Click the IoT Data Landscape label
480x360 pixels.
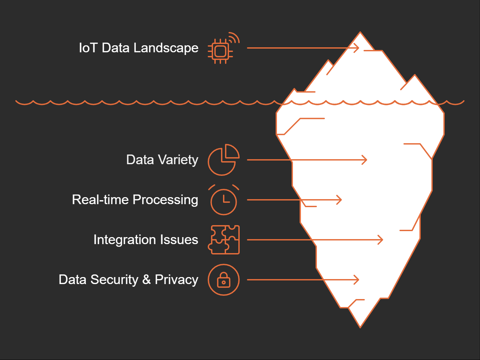138,48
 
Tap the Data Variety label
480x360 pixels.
162,160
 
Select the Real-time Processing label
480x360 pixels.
135,200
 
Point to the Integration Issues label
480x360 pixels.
145,240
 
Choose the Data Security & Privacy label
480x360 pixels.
128,280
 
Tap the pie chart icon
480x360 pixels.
223,160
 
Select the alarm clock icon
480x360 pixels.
224,200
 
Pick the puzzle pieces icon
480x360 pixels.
224,240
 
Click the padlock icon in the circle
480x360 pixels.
224,280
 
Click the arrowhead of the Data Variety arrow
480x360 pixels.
365,160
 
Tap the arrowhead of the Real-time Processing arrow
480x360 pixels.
340,200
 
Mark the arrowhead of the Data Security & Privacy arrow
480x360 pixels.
357,280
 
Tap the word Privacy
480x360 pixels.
176,280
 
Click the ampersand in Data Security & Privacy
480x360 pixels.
146,280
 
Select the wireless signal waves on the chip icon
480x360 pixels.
234,38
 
